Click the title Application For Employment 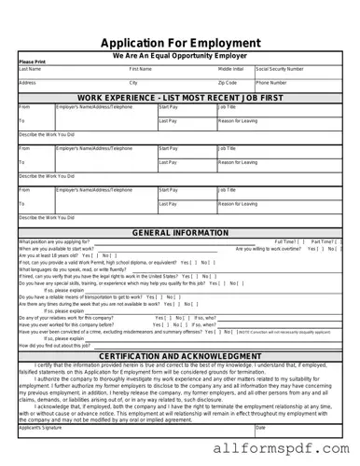[x=180, y=43]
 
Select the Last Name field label [x=30, y=69]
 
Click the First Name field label [x=141, y=69]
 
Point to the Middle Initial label [x=231, y=69]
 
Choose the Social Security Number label [x=280, y=69]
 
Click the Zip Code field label [x=228, y=83]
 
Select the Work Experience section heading [x=180, y=98]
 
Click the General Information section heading [x=180, y=233]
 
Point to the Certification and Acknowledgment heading [x=180, y=357]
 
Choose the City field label [x=133, y=83]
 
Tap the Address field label [x=27, y=83]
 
